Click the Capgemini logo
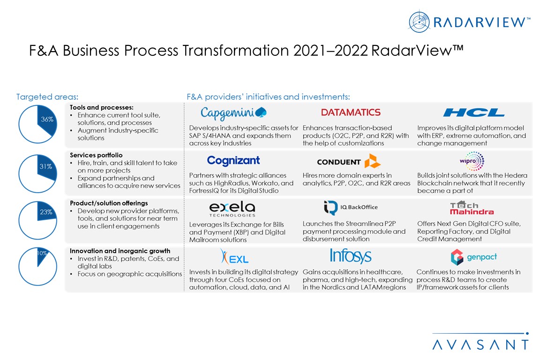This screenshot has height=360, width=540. [233, 113]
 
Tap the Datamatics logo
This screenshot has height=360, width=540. [351, 112]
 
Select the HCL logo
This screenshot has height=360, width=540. [474, 112]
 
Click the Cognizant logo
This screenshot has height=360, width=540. [233, 160]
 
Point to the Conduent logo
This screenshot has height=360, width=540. [349, 161]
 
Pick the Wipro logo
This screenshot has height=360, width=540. [472, 161]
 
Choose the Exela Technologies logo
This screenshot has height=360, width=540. [232, 209]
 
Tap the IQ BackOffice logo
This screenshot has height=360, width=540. [351, 207]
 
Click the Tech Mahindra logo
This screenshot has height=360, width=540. [472, 208]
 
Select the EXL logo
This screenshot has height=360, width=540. [234, 257]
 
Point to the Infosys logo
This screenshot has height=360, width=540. [351, 255]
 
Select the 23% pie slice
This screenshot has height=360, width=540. [46, 211]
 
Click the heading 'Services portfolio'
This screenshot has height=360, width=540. [96, 155]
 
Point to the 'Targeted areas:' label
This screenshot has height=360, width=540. [47, 97]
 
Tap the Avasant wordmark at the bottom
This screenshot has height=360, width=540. [480, 344]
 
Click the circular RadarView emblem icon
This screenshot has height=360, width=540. [419, 22]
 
